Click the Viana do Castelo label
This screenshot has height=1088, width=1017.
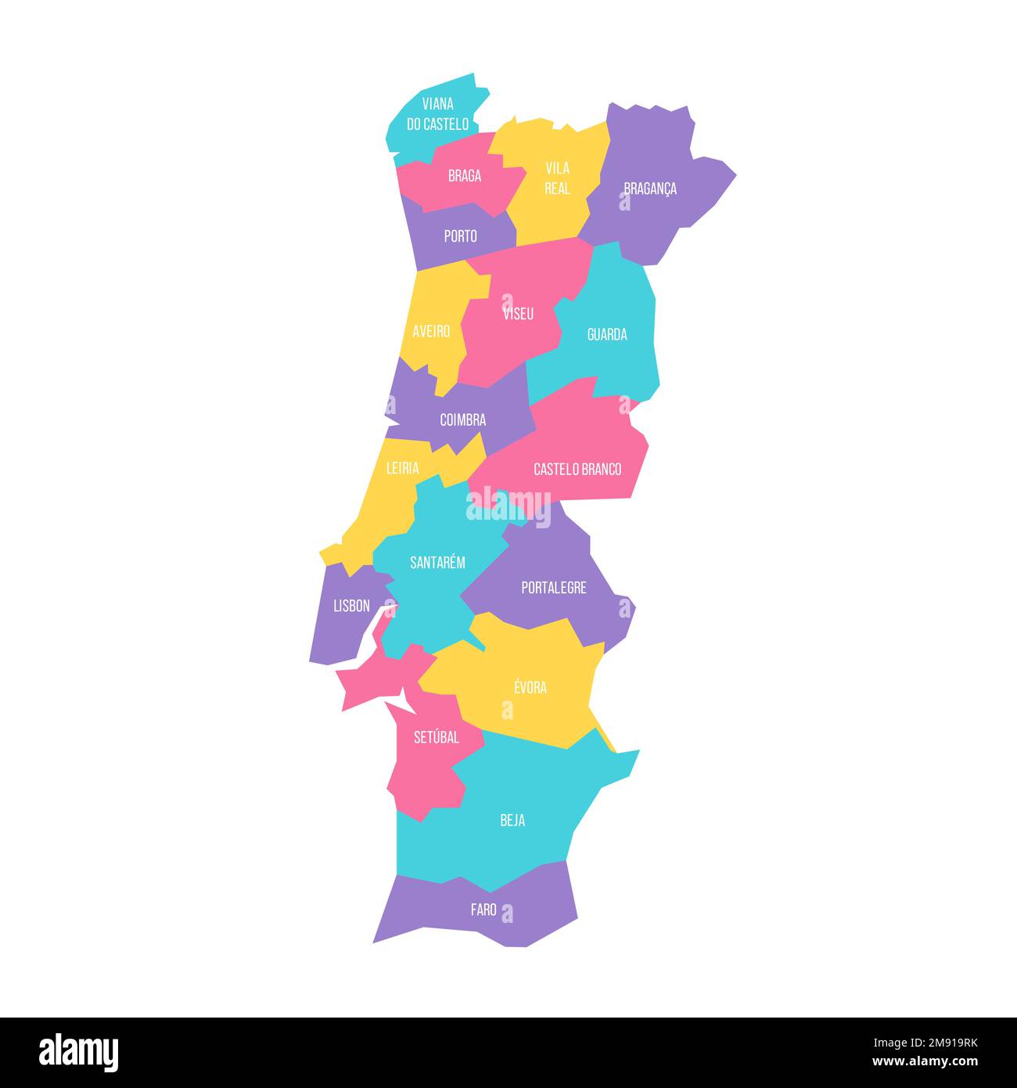click(x=437, y=114)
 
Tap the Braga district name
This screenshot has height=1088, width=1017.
click(x=465, y=176)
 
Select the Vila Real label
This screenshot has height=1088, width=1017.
click(x=557, y=178)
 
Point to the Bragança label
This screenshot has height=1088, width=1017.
click(x=650, y=189)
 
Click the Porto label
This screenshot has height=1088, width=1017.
click(x=460, y=236)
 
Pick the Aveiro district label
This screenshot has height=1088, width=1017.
click(x=431, y=331)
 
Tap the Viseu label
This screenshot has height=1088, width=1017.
click(x=519, y=314)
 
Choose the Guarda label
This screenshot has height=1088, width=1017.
click(x=607, y=335)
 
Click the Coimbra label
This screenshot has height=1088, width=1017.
click(x=462, y=420)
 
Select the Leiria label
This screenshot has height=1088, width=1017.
click(x=403, y=469)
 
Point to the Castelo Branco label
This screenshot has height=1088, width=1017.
click(x=577, y=470)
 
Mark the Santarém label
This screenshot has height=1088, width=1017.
click(x=437, y=563)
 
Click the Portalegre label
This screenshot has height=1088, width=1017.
click(x=554, y=588)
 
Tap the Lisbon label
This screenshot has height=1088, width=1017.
click(x=351, y=606)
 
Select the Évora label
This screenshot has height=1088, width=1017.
click(x=530, y=688)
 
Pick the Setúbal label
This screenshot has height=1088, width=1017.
click(x=437, y=738)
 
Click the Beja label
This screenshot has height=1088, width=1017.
click(x=512, y=821)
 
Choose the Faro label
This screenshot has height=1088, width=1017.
click(x=483, y=910)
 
